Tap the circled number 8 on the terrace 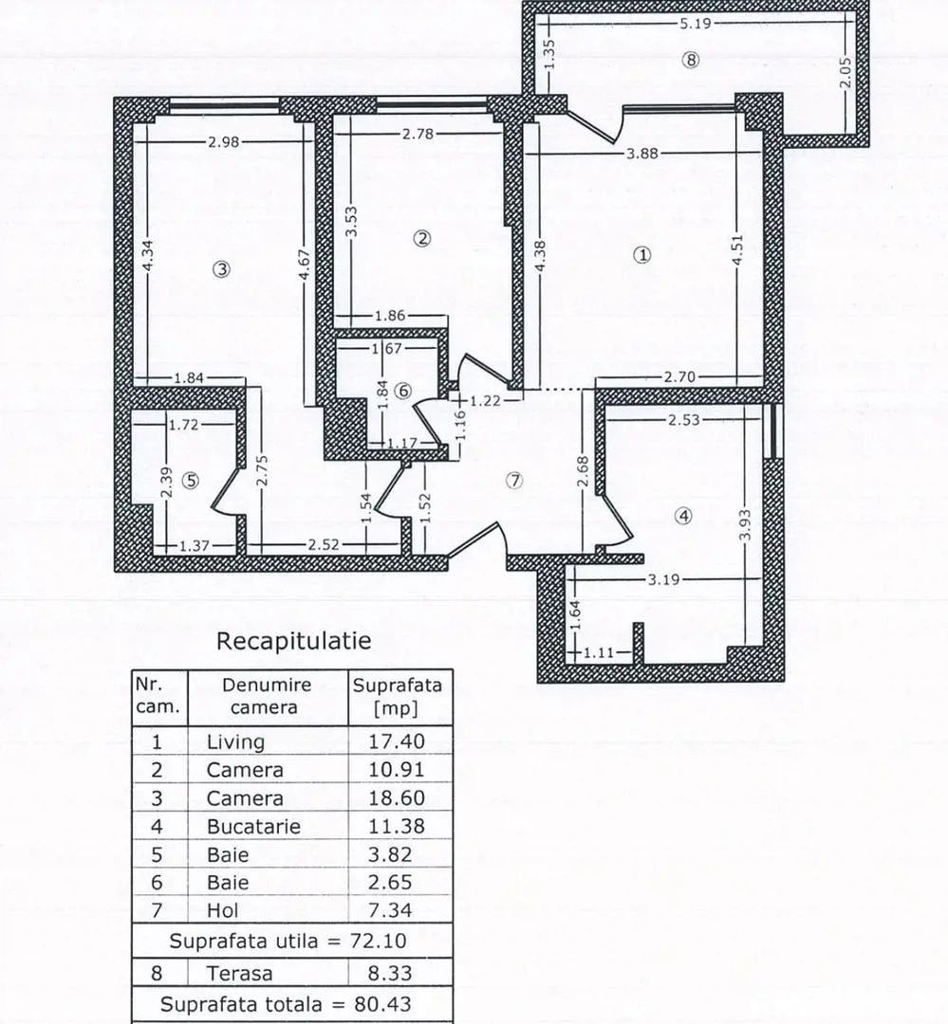(x=690, y=60)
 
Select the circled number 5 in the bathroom (x=192, y=480)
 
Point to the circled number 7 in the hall (x=514, y=480)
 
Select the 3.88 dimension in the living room (x=644, y=153)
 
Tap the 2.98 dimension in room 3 (x=224, y=141)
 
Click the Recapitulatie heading (x=293, y=640)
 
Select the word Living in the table (x=235, y=741)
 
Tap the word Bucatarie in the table (x=253, y=826)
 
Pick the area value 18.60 (x=396, y=798)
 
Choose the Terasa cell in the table (x=239, y=973)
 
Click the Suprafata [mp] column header (x=397, y=696)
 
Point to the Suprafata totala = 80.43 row (x=286, y=1002)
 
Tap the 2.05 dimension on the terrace (x=846, y=72)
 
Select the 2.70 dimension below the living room (x=679, y=376)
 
